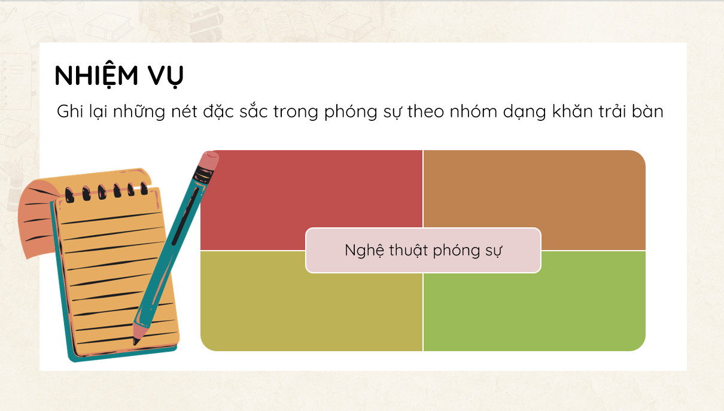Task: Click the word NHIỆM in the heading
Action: pyautogui.click(x=96, y=75)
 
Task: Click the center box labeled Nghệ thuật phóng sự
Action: pyautogui.click(x=423, y=251)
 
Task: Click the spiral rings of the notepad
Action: pyautogui.click(x=107, y=192)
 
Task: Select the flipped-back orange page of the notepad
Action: pyautogui.click(x=37, y=219)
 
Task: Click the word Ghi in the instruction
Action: pyautogui.click(x=70, y=111)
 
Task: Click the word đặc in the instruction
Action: pyautogui.click(x=218, y=112)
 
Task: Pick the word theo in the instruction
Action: pyautogui.click(x=425, y=111)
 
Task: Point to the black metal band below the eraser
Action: pyautogui.click(x=203, y=175)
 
